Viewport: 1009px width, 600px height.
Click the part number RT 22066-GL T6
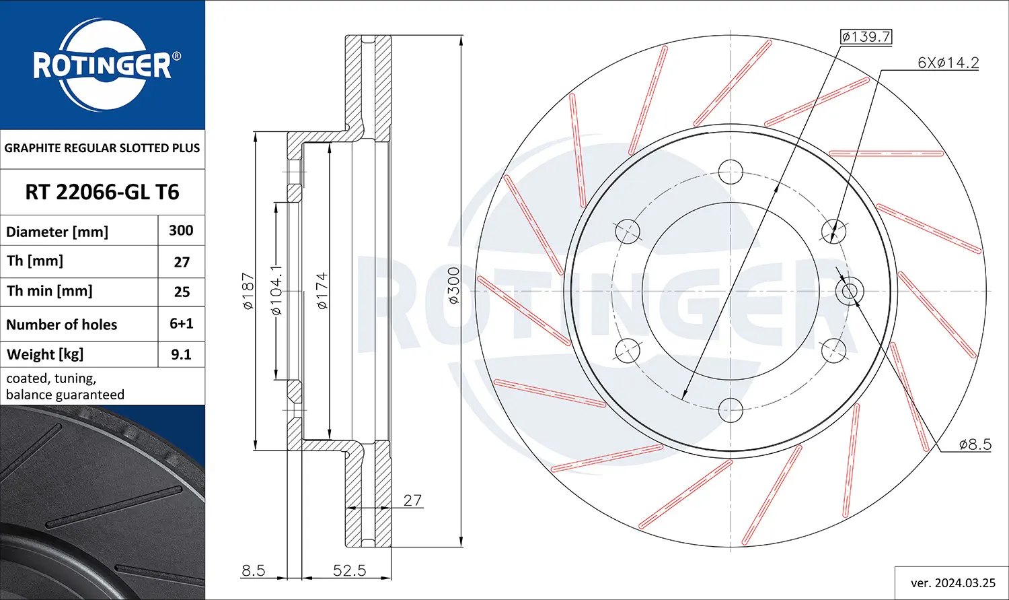pos(102,192)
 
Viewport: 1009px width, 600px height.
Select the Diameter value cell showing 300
pos(181,230)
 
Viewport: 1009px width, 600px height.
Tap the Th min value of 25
pos(182,292)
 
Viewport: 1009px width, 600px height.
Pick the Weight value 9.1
pos(181,354)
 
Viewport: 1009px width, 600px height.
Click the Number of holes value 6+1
pos(181,323)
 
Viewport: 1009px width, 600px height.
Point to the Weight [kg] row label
pos(45,354)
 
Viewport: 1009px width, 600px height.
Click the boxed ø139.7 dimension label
pos(866,36)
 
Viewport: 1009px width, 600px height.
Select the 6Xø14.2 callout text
pos(948,63)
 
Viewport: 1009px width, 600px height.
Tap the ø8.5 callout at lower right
pos(975,444)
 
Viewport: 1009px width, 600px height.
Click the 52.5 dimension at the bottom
pos(350,570)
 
